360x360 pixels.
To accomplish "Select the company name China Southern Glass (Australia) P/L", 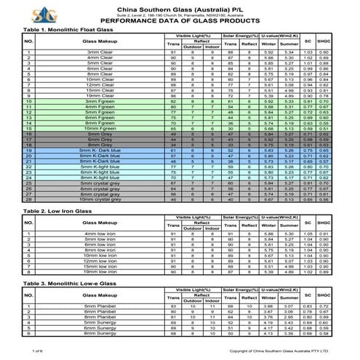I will point(180,7).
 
